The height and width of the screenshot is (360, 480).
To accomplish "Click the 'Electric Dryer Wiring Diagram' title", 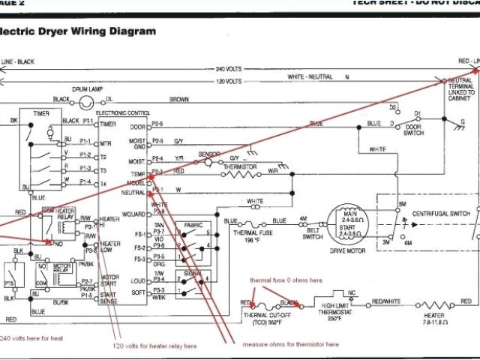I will click(x=79, y=31).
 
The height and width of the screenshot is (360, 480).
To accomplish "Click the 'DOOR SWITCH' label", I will click(x=414, y=130).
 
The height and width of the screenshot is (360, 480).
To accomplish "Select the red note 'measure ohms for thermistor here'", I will click(x=290, y=344).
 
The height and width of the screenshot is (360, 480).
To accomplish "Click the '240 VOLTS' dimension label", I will click(x=226, y=69).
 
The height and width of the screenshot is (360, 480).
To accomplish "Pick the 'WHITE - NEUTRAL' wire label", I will click(x=309, y=77).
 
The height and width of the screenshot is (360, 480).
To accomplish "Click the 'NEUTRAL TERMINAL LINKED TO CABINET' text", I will click(x=460, y=88).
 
